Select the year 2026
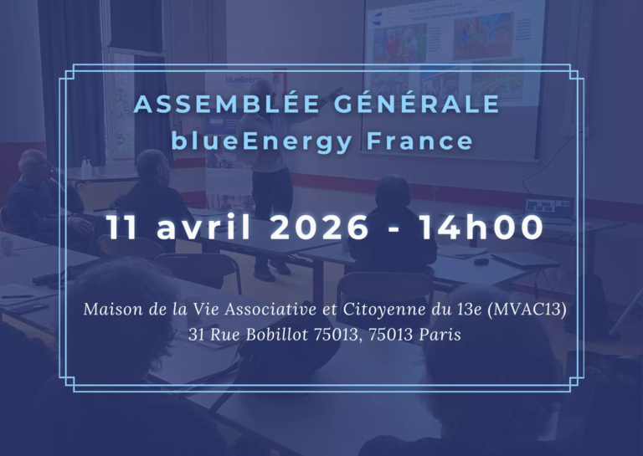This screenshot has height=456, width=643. click(x=319, y=228)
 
